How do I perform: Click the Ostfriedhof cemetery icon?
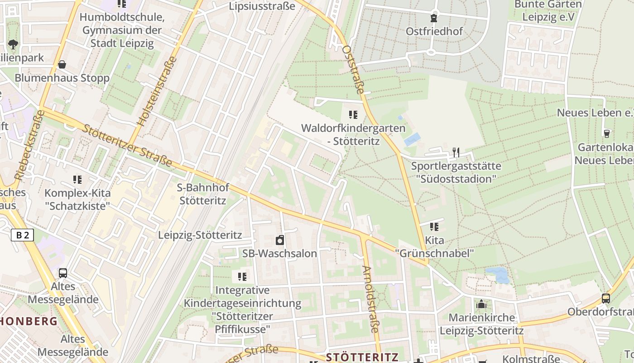[434, 18]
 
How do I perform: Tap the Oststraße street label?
[354, 69]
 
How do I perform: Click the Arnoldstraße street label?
[370, 299]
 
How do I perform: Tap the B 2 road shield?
[22, 235]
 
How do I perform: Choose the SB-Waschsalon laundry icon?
[279, 240]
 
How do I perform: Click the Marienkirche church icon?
[481, 304]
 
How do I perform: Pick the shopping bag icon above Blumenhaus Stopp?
[62, 64]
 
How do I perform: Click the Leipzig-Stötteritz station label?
[200, 235]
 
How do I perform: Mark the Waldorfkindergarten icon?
[353, 115]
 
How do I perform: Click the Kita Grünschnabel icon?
[434, 226]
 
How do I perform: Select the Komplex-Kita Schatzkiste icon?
[77, 180]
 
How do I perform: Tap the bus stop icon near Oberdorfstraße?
[605, 299]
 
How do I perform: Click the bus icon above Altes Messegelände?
[63, 273]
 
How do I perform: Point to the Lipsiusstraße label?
[262, 6]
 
